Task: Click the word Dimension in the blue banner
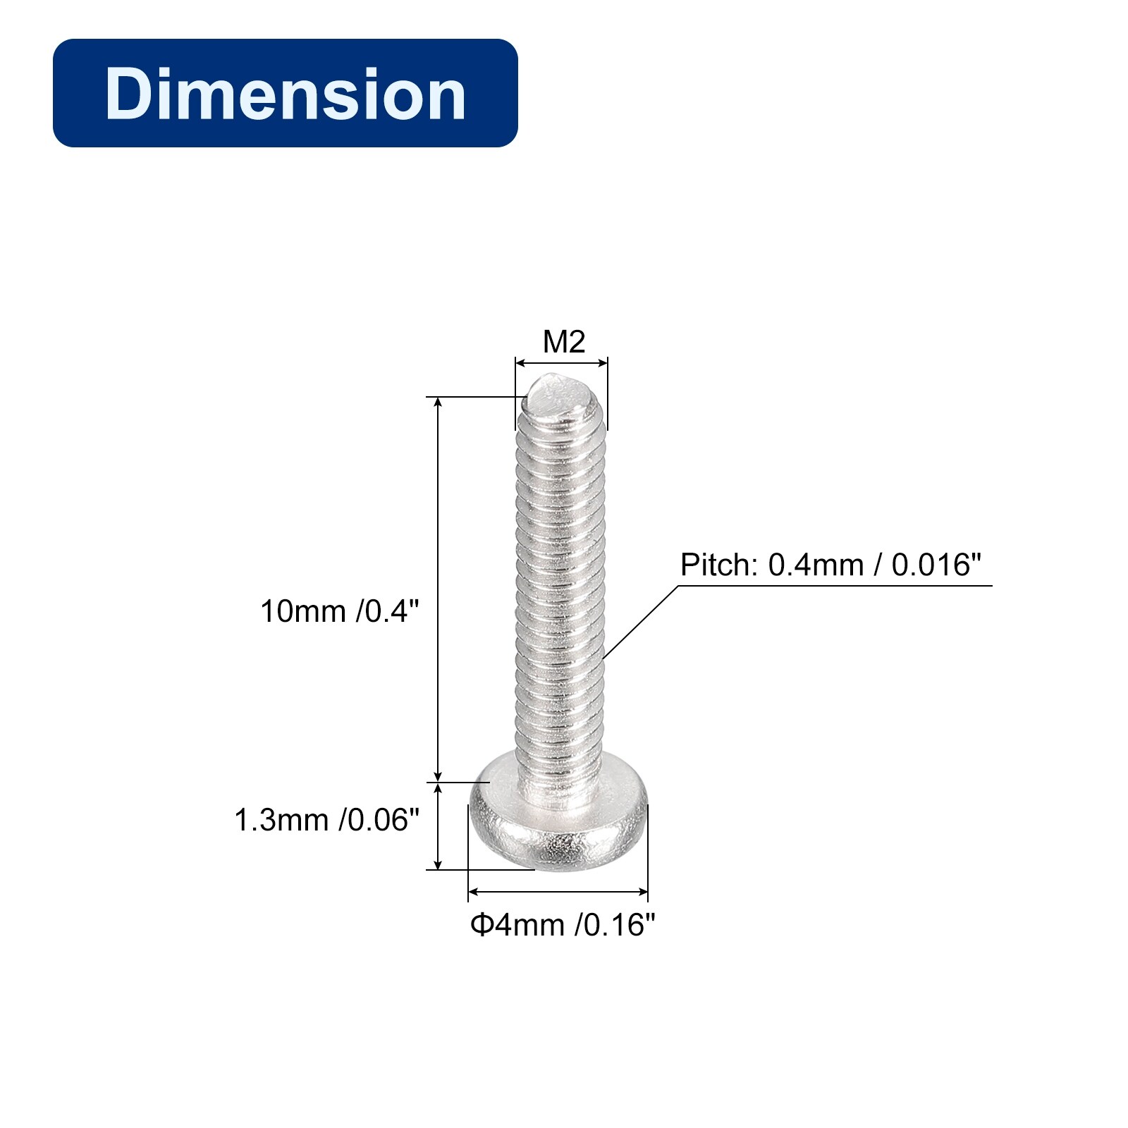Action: [286, 94]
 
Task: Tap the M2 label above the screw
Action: [564, 342]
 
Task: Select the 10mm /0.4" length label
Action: [340, 611]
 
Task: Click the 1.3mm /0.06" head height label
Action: [327, 820]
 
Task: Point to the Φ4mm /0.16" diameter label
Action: [563, 925]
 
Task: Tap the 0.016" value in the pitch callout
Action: [937, 565]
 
